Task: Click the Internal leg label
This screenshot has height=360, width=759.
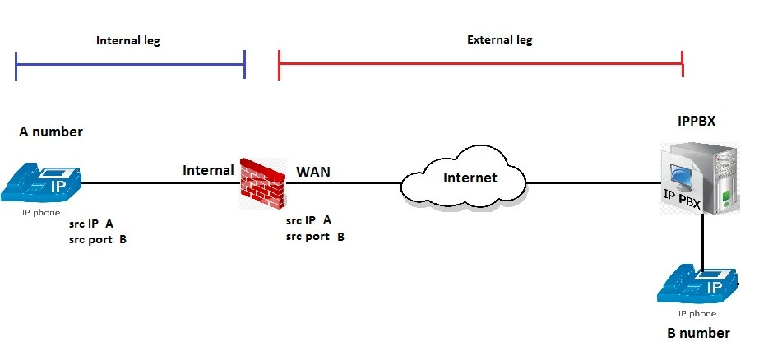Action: (x=127, y=40)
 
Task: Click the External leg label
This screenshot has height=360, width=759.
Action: (x=499, y=39)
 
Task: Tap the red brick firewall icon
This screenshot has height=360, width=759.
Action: (x=261, y=184)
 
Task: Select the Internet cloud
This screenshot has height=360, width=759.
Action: (x=463, y=178)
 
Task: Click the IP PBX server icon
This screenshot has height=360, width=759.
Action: (x=701, y=178)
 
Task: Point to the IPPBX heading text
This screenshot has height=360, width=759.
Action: (x=696, y=121)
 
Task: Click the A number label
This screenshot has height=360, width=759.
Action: (x=51, y=132)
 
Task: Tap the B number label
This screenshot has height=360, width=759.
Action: (x=698, y=333)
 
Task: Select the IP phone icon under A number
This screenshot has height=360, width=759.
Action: (x=40, y=183)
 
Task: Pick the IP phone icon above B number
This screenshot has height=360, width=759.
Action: (x=698, y=284)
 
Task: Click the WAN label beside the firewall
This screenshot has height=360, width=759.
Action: (x=313, y=171)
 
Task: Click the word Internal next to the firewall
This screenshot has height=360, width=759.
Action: (x=208, y=170)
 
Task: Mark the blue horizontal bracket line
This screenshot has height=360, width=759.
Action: (x=130, y=64)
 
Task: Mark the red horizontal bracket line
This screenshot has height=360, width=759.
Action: (x=481, y=64)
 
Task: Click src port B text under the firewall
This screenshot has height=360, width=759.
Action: (x=315, y=237)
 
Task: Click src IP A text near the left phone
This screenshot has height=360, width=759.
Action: (x=91, y=224)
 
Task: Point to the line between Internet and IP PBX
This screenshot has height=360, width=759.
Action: (x=594, y=183)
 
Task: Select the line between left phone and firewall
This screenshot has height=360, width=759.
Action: (x=160, y=183)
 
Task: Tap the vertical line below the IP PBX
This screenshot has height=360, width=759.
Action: (x=703, y=241)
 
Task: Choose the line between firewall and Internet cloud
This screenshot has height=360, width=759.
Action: (x=343, y=183)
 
